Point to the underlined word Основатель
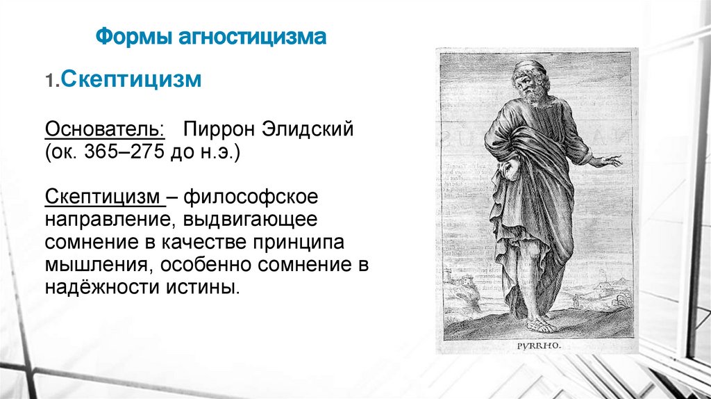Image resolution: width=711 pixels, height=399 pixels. (x=105, y=130)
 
